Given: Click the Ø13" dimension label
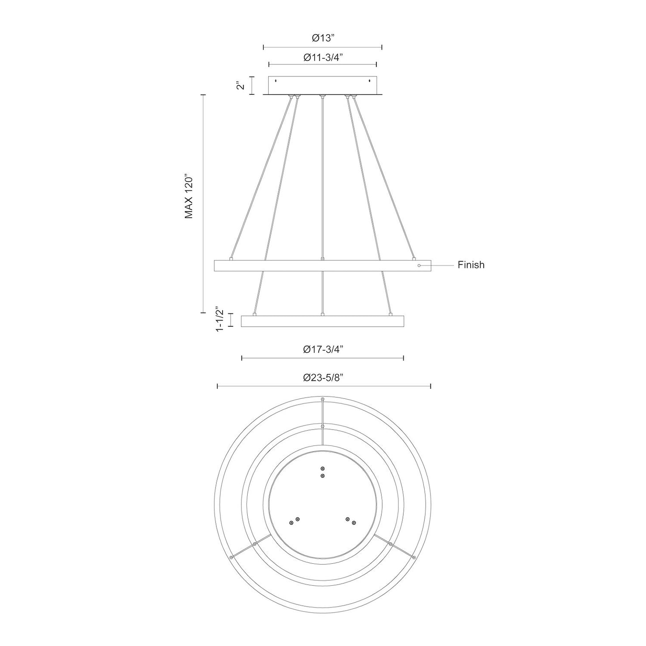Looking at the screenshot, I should click(323, 38).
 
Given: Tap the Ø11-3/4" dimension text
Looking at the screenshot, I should click(323, 58).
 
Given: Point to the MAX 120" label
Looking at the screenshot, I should click(189, 196).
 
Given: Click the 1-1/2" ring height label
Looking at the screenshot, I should click(220, 319).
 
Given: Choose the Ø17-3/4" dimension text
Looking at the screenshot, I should click(323, 350).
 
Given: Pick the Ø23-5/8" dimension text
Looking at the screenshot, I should click(323, 378).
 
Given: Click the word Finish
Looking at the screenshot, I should click(471, 265).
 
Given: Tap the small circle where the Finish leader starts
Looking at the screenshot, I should click(419, 266).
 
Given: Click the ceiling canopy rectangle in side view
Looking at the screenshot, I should click(322, 85).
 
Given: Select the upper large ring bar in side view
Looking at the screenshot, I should click(322, 266).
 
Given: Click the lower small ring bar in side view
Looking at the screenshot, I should click(322, 321).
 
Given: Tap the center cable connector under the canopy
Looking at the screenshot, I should click(322, 96).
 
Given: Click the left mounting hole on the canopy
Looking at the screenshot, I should click(276, 81).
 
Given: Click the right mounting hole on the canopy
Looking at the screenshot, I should click(369, 81).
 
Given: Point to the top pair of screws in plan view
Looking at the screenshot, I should click(322, 472).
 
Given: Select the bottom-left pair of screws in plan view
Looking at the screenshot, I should click(294, 520).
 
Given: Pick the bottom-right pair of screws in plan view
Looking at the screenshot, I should click(350, 520).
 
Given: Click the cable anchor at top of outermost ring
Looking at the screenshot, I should click(322, 399).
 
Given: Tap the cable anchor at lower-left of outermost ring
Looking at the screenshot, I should click(231, 557).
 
